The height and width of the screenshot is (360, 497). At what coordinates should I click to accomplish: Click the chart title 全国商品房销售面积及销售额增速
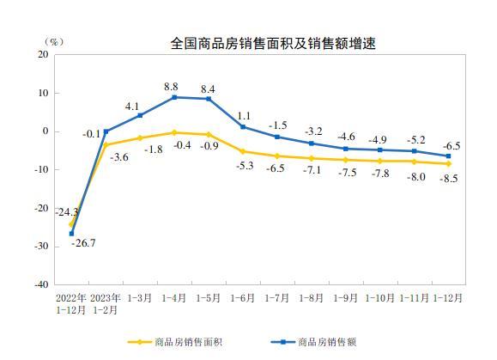tap(273, 44)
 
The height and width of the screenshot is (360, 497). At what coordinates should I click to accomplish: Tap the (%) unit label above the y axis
tap(54, 42)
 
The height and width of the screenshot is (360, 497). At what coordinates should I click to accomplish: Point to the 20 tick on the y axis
tap(43, 54)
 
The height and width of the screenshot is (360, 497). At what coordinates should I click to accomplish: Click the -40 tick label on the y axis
tap(41, 284)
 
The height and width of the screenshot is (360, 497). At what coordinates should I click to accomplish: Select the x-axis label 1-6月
tap(242, 298)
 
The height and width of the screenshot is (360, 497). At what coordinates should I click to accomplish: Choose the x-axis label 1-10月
tap(379, 298)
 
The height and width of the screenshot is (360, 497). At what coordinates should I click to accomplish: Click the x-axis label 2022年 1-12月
tap(71, 304)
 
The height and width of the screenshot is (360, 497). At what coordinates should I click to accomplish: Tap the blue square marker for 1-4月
tap(174, 97)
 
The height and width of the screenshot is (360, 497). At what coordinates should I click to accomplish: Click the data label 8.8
tap(171, 87)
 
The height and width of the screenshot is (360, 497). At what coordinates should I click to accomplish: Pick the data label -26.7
tap(83, 243)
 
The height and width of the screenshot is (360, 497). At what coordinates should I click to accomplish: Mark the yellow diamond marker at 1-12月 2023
tap(449, 163)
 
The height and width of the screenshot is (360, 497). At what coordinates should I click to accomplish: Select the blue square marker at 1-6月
tap(243, 127)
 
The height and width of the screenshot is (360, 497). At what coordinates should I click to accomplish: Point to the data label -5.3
tap(245, 165)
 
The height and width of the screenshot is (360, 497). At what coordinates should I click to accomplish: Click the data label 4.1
tap(132, 107)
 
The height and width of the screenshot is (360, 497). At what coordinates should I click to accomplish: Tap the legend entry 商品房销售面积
tap(174, 342)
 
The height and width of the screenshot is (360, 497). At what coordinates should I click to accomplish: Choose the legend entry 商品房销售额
tap(313, 342)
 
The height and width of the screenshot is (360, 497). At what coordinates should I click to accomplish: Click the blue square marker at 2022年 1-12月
tap(71, 234)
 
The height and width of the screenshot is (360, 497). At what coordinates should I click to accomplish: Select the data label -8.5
tap(449, 179)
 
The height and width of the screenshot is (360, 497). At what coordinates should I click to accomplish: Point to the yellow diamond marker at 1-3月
tap(140, 138)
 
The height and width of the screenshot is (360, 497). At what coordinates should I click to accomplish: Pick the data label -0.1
tap(91, 134)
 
